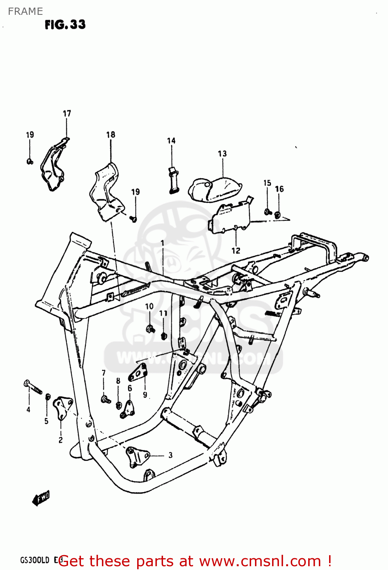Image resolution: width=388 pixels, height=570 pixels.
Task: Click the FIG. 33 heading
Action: pyautogui.click(x=65, y=25)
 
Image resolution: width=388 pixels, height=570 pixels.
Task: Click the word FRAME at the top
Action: pyautogui.click(x=25, y=11)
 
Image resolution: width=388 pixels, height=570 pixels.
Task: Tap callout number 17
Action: pyautogui.click(x=67, y=113)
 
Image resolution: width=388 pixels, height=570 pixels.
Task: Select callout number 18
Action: pyautogui.click(x=111, y=135)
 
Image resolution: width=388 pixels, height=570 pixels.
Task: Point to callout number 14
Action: pyautogui.click(x=171, y=141)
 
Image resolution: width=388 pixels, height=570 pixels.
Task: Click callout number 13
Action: pyautogui.click(x=222, y=154)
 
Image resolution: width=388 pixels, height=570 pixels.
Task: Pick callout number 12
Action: pyautogui.click(x=236, y=250)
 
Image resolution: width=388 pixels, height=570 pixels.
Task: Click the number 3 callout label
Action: pyautogui.click(x=171, y=455)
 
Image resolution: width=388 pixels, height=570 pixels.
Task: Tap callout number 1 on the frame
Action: pyautogui.click(x=163, y=243)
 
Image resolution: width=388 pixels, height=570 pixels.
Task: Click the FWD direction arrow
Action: pyautogui.click(x=41, y=498)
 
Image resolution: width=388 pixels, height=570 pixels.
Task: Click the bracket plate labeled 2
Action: pyautogui.click(x=62, y=407)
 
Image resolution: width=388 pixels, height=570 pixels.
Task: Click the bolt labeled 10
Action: pyautogui.click(x=150, y=328)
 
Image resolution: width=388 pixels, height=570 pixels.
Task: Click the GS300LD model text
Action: pyautogui.click(x=35, y=560)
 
